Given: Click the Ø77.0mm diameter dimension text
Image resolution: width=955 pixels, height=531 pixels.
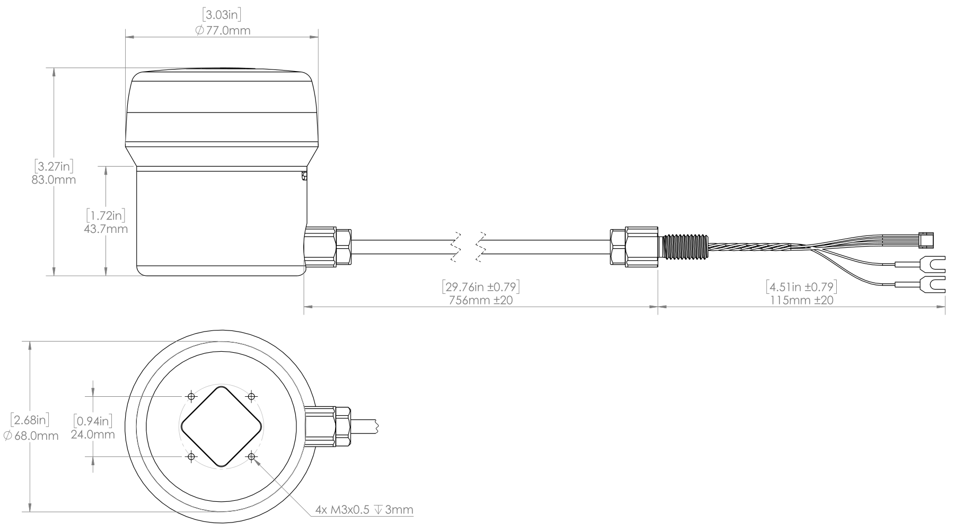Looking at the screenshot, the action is coord(222,30).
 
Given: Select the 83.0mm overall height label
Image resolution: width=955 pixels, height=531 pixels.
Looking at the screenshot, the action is coord(54,179).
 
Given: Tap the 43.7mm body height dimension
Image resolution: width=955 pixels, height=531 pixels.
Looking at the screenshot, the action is coord(106,229).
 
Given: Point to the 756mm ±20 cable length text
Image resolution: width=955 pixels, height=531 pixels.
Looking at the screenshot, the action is coord(481,300).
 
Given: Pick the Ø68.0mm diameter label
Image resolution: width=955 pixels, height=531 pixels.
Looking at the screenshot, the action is coord(31,436).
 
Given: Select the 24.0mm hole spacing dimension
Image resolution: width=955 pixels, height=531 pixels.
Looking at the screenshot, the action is coord(93,434).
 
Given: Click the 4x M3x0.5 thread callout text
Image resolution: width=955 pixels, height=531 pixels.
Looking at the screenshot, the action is coord(364,510).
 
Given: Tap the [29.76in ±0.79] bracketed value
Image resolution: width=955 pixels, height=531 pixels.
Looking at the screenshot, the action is coord(481,287).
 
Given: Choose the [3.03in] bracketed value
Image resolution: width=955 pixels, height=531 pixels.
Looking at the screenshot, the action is coord(222,15).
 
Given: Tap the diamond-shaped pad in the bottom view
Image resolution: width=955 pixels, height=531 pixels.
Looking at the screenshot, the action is coord(222,426).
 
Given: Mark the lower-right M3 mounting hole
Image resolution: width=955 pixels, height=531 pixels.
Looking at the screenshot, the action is coord(252,457).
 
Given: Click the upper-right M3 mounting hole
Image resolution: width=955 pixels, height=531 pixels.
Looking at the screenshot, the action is coord(252,396).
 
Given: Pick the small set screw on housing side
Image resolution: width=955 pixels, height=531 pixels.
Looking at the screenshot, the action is coord(304,176).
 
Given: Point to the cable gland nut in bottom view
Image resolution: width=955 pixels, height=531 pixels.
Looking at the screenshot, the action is coord(328,426).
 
